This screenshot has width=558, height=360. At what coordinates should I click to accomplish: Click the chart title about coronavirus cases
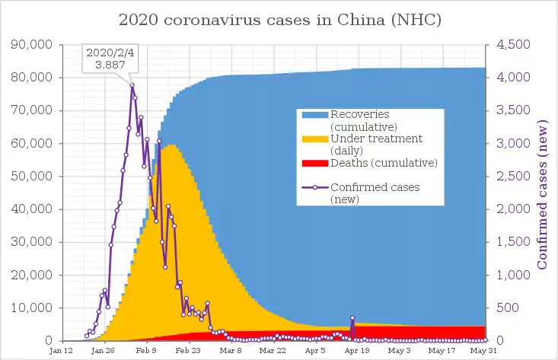(279, 18)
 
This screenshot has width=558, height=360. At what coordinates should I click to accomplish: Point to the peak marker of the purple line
(132, 85)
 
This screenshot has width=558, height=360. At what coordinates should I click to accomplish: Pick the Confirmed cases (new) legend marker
(314, 187)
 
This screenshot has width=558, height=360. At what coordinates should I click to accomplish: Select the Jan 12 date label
(61, 352)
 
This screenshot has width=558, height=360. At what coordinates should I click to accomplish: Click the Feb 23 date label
(188, 352)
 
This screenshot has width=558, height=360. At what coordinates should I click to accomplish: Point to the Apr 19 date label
(357, 352)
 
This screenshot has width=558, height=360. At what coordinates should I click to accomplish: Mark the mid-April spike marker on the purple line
(352, 318)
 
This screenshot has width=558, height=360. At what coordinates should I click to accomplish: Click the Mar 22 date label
(273, 352)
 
